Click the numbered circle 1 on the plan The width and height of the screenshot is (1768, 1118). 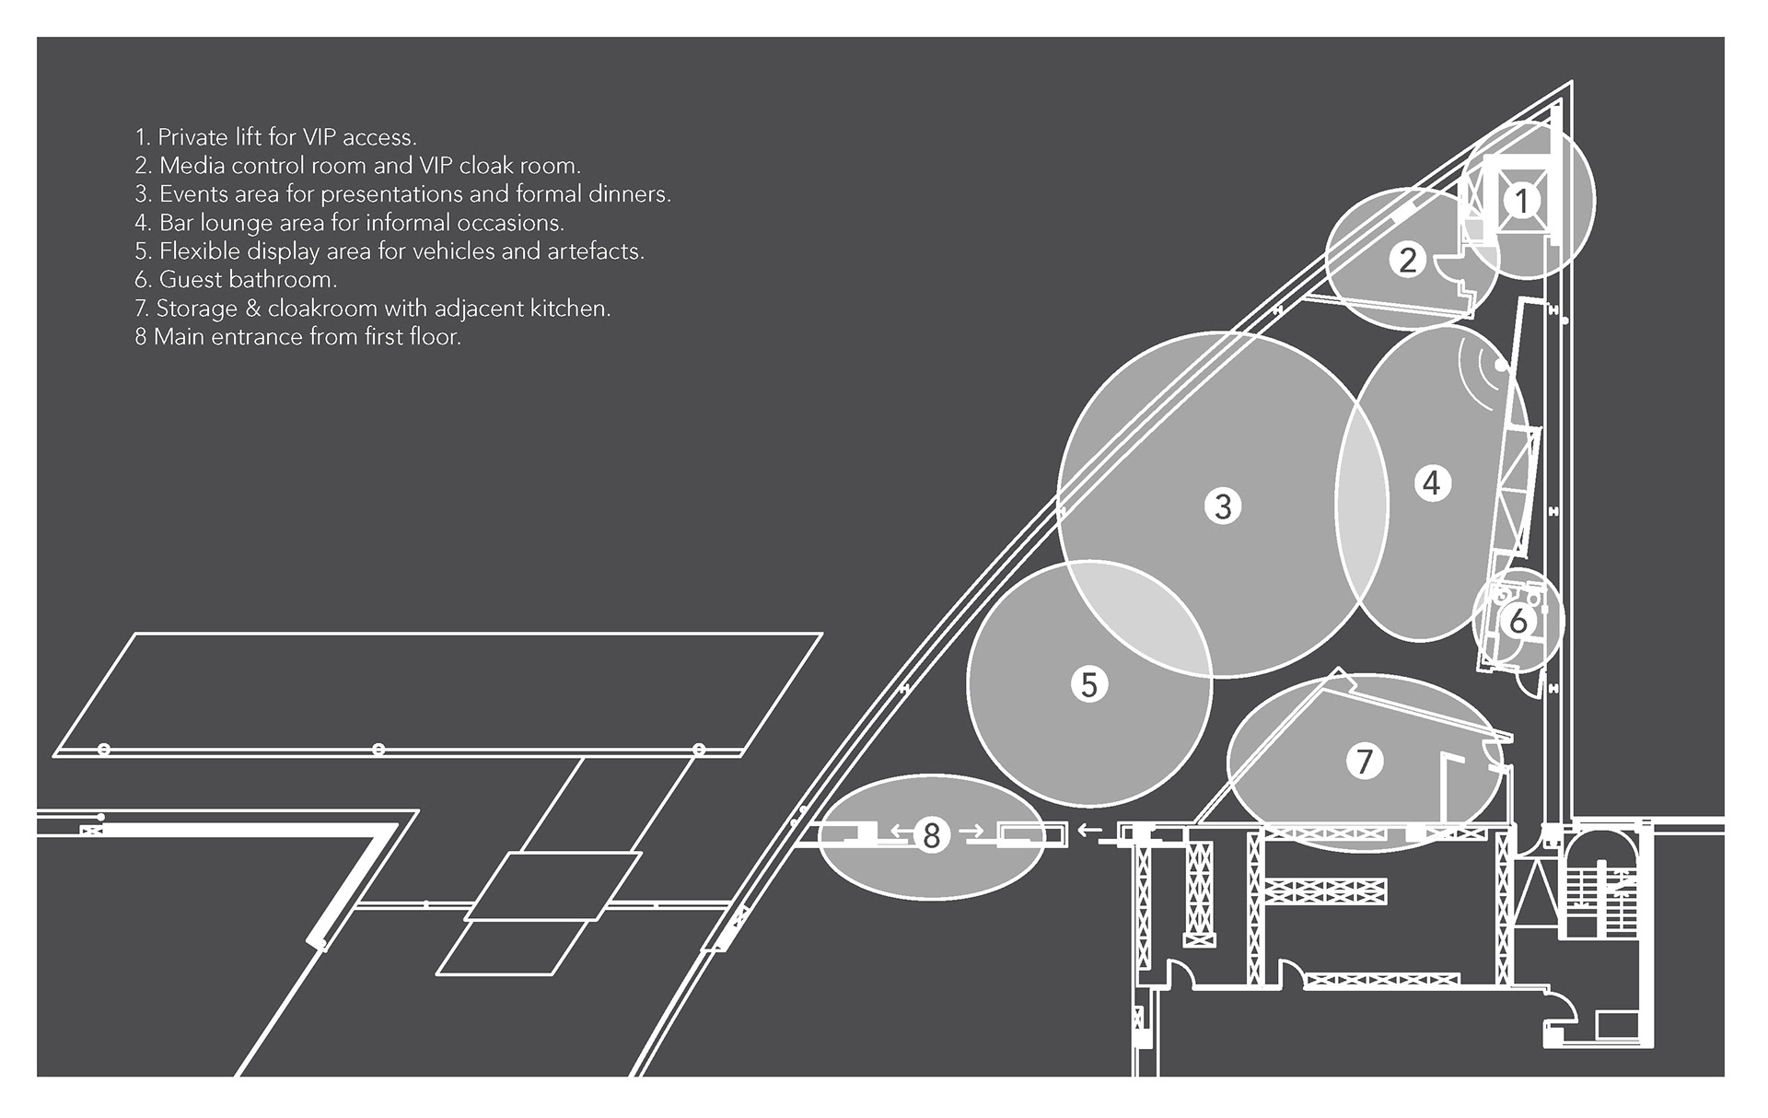click(1522, 201)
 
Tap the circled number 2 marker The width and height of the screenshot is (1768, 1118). click(1408, 261)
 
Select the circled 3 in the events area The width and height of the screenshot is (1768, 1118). click(1223, 506)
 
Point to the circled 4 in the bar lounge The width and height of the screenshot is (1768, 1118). click(1431, 483)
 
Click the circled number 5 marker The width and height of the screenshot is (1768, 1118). click(1089, 684)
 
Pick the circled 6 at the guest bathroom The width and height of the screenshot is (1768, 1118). click(1518, 621)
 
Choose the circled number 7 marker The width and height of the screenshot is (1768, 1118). click(1365, 761)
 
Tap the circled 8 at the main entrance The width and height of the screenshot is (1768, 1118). click(931, 835)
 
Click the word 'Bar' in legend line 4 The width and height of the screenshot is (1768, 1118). click(178, 223)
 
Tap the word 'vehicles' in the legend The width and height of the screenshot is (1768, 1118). click(454, 251)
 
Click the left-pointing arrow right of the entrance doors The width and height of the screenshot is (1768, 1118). click(1089, 831)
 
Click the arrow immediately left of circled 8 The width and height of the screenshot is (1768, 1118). click(901, 833)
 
